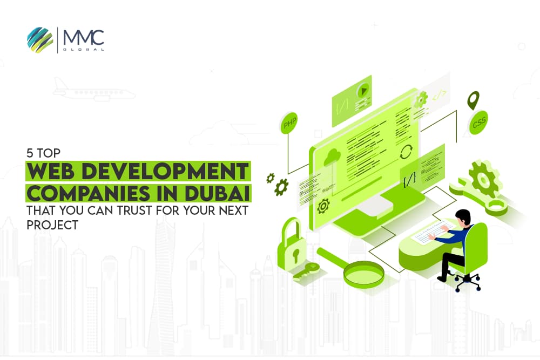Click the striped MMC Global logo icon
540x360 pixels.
click(39, 40)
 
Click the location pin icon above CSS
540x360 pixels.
click(474, 100)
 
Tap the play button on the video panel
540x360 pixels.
click(365, 90)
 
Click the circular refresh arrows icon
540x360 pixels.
click(405, 152)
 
